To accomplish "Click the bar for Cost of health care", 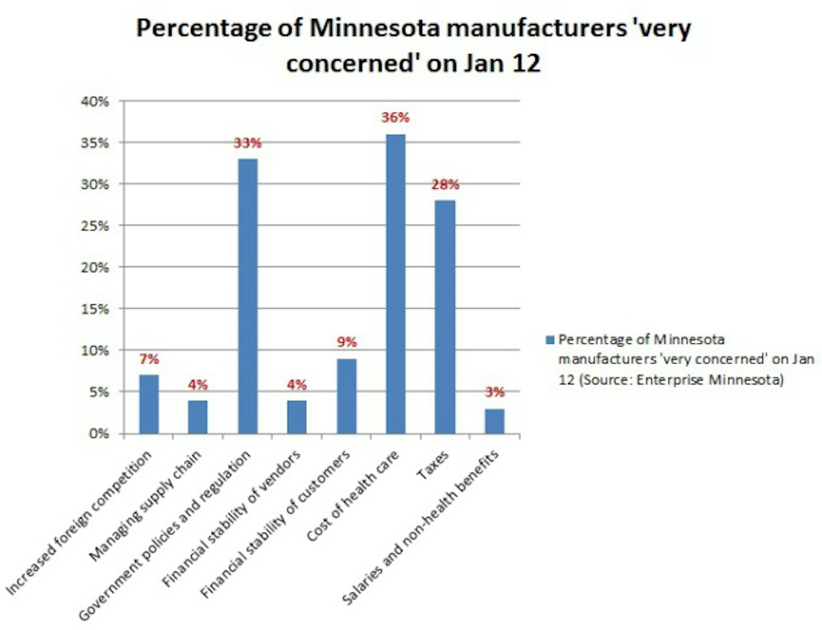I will pyautogui.click(x=395, y=283).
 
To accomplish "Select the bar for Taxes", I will pyautogui.click(x=445, y=317).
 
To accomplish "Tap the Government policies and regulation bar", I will pyautogui.click(x=247, y=296).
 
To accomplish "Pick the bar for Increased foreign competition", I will pyautogui.click(x=149, y=404).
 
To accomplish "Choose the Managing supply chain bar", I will pyautogui.click(x=198, y=417).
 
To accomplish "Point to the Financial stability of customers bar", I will pyautogui.click(x=346, y=396).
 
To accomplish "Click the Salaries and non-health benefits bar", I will pyautogui.click(x=494, y=421).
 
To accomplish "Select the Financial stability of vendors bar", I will pyautogui.click(x=297, y=417).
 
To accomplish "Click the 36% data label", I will pyautogui.click(x=395, y=118).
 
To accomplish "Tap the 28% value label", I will pyautogui.click(x=445, y=185).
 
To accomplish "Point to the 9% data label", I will pyautogui.click(x=347, y=342).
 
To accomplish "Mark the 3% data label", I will pyautogui.click(x=495, y=392).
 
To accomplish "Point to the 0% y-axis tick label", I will pyautogui.click(x=99, y=434).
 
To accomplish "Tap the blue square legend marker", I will pyautogui.click(x=550, y=340).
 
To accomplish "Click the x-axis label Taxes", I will pyautogui.click(x=433, y=466).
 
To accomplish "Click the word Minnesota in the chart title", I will pyautogui.click(x=374, y=29).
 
